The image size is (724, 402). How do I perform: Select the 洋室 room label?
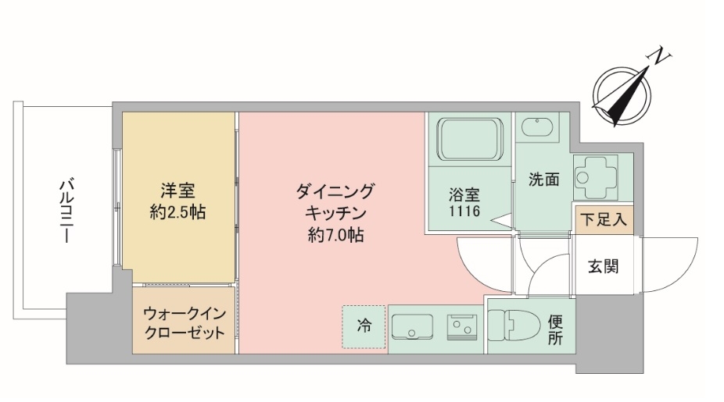(177, 190)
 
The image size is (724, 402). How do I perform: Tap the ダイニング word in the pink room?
(335, 190)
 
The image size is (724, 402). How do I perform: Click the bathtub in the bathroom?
(468, 140)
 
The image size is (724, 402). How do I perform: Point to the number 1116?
(464, 212)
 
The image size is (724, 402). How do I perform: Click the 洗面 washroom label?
(544, 180)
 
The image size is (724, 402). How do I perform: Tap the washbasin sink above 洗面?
(537, 126)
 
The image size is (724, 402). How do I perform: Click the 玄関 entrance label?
(604, 266)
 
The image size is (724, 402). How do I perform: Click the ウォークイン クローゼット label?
(185, 322)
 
